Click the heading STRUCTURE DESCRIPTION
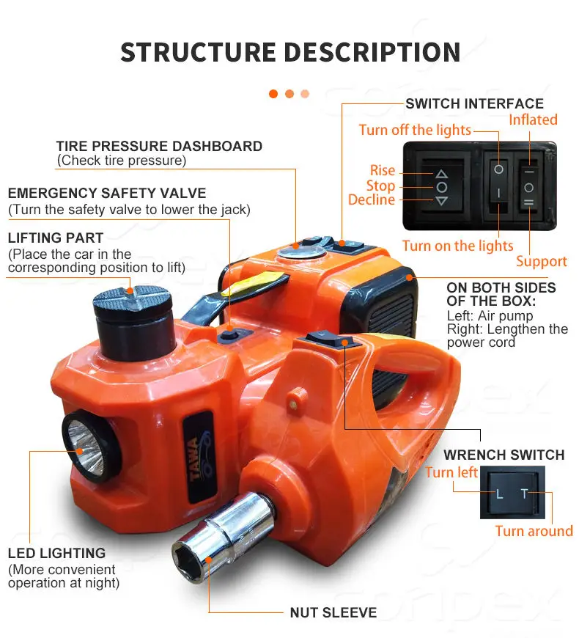pyautogui.click(x=290, y=53)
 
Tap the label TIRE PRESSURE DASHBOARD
pyautogui.click(x=159, y=146)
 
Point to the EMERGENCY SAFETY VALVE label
pyautogui.click(x=107, y=194)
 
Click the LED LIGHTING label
pyautogui.click(x=57, y=554)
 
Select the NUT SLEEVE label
pyautogui.click(x=333, y=612)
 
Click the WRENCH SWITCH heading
pyautogui.click(x=504, y=455)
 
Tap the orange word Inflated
pyautogui.click(x=533, y=120)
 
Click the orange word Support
pyautogui.click(x=541, y=262)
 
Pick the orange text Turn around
pyautogui.click(x=534, y=531)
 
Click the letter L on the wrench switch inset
pyautogui.click(x=499, y=494)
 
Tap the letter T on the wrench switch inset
pyautogui.click(x=524, y=494)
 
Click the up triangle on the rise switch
pyautogui.click(x=441, y=174)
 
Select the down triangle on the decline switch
pyautogui.click(x=441, y=200)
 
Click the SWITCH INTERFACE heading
pyautogui.click(x=474, y=103)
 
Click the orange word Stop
pyautogui.click(x=380, y=186)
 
